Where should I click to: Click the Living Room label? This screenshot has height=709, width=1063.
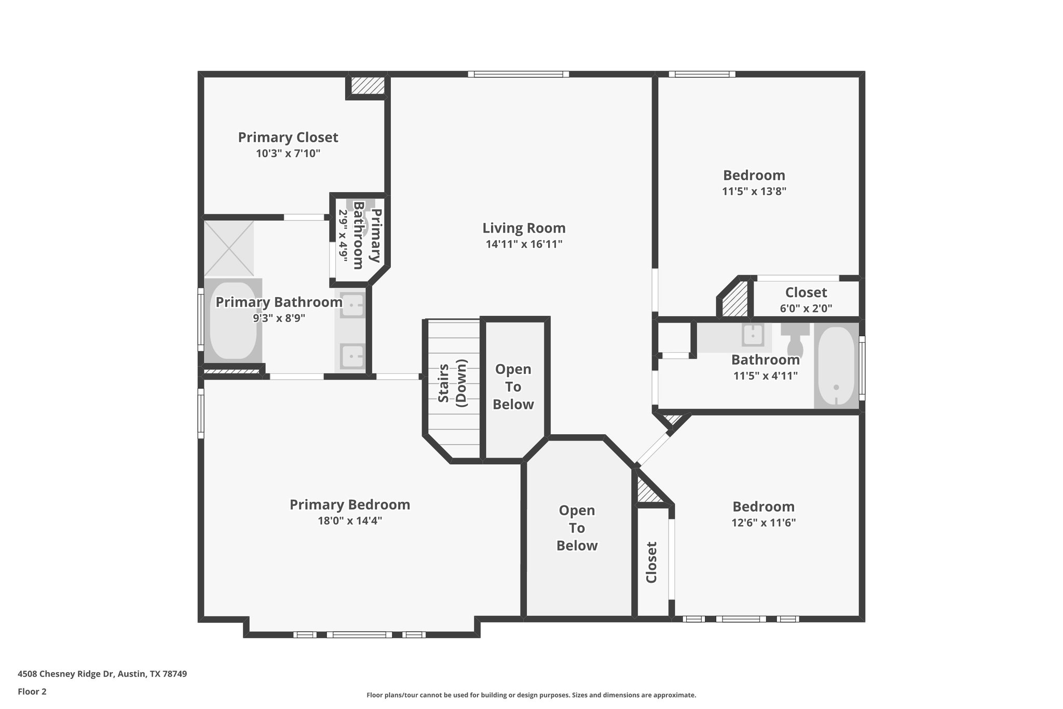coord(524,228)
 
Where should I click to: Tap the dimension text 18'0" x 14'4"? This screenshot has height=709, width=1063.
coord(350,520)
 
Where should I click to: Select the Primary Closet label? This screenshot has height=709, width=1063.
coord(288,137)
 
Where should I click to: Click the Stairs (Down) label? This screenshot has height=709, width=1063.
coord(452,383)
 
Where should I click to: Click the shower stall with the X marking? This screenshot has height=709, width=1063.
coord(229,248)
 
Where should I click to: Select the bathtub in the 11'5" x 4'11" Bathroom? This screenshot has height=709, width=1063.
coord(836,366)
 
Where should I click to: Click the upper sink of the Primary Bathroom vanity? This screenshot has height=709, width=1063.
coord(352,306)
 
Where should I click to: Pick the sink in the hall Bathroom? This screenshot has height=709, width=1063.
coord(752,335)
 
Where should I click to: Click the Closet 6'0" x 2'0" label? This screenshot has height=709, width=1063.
coord(806,292)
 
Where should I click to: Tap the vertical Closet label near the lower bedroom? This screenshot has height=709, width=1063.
coord(651,563)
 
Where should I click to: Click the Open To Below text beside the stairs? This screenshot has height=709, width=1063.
coord(513,387)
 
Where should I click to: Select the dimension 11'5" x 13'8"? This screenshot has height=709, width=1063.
coord(754,191)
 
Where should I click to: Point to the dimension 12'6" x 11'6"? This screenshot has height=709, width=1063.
coord(763,523)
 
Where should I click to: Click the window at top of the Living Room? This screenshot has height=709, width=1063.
coord(518,74)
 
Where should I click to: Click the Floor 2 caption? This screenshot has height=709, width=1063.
coord(32,691)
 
